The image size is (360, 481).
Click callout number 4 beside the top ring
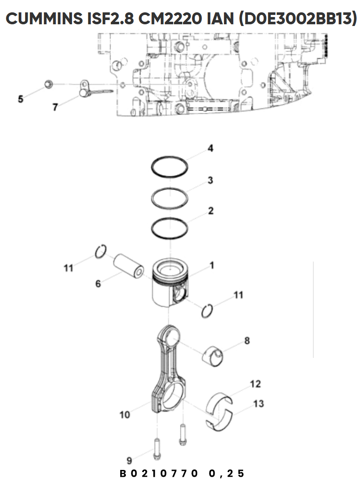[x=210, y=148]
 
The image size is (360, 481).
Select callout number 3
[x=210, y=180]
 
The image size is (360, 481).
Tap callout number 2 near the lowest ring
[x=211, y=211]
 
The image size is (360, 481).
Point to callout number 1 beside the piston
[x=212, y=265]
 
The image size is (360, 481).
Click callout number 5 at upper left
[x=20, y=99]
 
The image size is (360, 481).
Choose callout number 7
[x=55, y=107]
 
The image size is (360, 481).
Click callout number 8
[x=247, y=340]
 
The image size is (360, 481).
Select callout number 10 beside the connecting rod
[x=125, y=415]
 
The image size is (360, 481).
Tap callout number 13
[x=258, y=404]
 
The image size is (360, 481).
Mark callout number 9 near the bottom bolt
[x=129, y=460]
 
